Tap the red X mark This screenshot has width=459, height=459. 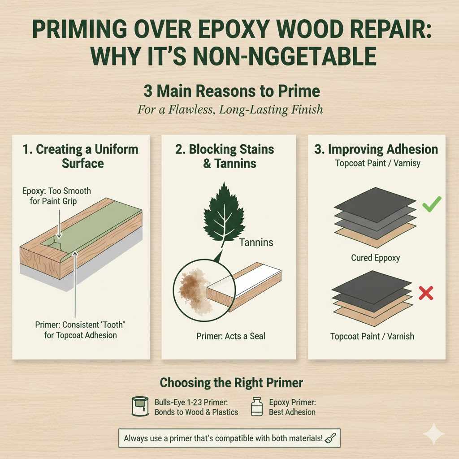tap(425, 294)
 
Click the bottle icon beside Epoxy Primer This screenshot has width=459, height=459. tap(257, 407)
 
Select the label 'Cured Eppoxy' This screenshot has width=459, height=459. tap(376, 258)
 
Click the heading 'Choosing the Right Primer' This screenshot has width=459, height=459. tap(231, 383)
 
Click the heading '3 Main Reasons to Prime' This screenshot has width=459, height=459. tap(231, 91)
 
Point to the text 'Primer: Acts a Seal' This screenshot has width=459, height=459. tap(230, 336)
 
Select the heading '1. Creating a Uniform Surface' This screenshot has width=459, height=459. tap(81, 156)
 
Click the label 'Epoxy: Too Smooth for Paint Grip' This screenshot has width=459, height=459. tap(56, 196)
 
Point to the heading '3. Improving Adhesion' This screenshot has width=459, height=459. tap(376, 150)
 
